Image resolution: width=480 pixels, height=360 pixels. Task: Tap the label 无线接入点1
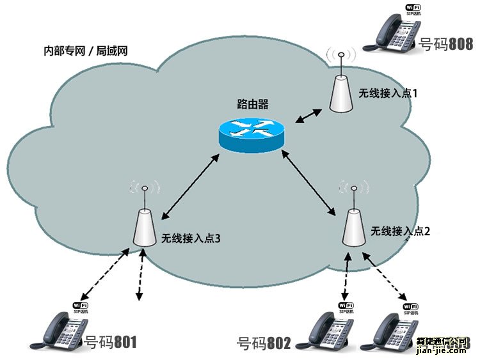click(388, 93)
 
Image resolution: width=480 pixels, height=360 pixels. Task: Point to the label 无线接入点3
click(191, 239)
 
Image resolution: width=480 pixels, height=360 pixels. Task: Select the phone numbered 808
click(390, 32)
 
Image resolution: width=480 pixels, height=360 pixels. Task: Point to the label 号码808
click(445, 44)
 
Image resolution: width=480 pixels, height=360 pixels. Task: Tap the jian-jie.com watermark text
click(441, 350)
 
